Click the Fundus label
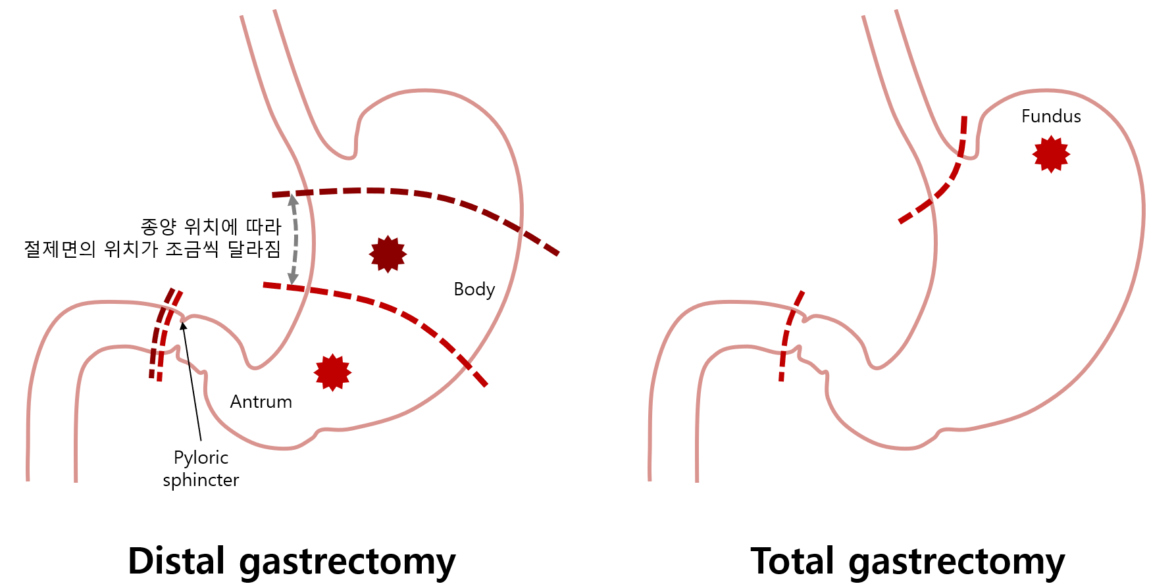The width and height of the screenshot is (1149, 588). [x=1051, y=116]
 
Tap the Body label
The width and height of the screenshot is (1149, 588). [x=474, y=289]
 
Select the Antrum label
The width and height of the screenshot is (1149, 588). [x=261, y=402]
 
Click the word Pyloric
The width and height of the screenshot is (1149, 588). [x=201, y=458]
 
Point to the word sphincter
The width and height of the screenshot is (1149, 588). [x=201, y=480]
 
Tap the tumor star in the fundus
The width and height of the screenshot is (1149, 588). [x=1051, y=154]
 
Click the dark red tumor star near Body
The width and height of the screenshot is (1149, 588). [x=388, y=254]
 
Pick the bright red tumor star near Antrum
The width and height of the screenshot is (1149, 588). [x=332, y=372]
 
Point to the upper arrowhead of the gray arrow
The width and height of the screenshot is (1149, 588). [x=293, y=199]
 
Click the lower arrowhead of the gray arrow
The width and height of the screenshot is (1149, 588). [x=293, y=279]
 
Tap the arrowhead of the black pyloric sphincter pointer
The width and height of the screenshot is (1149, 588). [x=184, y=324]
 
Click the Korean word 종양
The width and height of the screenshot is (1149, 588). [x=159, y=227]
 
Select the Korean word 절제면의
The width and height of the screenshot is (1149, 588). [x=60, y=249]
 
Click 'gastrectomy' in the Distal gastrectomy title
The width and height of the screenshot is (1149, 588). [x=347, y=562]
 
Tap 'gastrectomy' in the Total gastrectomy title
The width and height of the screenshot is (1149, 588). [x=956, y=562]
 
